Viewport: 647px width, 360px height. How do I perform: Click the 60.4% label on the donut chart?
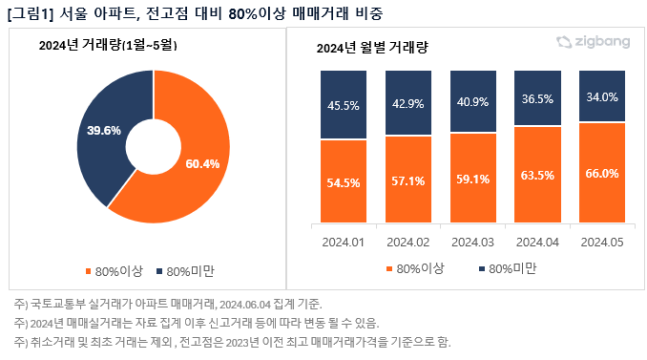(203, 164)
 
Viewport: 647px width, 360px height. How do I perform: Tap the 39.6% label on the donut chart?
(103, 129)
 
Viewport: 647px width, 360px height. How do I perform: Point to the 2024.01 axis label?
(343, 242)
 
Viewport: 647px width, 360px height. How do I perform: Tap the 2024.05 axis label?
(602, 242)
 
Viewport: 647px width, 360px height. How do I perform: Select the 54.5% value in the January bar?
(343, 181)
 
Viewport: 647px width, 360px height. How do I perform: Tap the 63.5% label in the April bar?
(538, 175)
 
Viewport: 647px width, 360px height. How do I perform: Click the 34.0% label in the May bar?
(602, 97)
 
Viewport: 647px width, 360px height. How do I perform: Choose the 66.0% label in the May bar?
(602, 173)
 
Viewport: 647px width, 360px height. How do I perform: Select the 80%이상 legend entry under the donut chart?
(119, 271)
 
